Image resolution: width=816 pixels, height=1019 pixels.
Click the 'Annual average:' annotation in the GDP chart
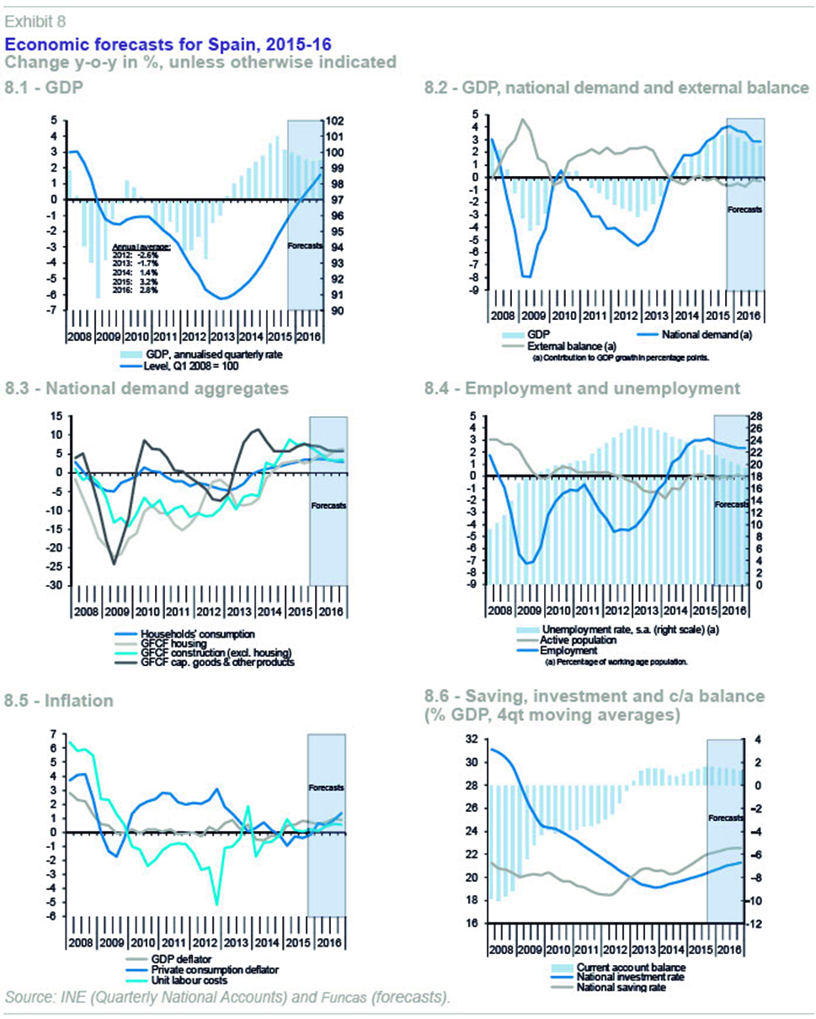(x=141, y=246)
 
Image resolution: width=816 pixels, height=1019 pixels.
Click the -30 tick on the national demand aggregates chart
(x=53, y=585)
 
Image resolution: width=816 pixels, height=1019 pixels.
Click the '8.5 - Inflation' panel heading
(x=61, y=700)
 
